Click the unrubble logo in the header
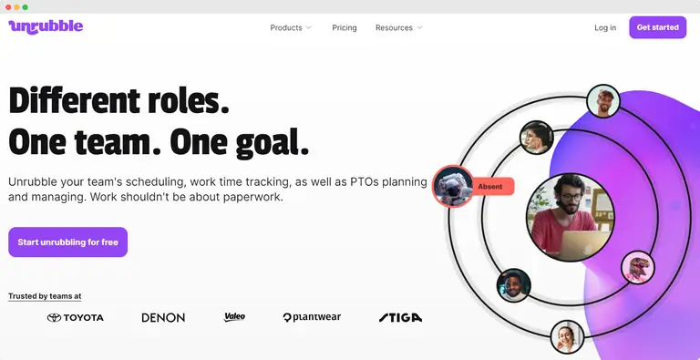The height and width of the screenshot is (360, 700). point(46,26)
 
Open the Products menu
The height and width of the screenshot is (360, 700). point(291,27)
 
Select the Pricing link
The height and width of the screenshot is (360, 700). point(345,27)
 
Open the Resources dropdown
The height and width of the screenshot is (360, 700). point(398,27)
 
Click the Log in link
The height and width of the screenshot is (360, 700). point(605,27)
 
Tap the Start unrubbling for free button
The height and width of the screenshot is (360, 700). point(67,242)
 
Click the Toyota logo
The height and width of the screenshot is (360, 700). point(76,317)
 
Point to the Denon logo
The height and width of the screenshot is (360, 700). point(163,317)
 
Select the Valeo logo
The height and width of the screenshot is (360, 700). point(234,316)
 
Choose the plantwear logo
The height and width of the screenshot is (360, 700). point(312,317)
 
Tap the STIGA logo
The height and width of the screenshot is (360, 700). point(400,317)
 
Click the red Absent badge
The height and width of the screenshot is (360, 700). point(490,186)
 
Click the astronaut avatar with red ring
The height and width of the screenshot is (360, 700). point(452,186)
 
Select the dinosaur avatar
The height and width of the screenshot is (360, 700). point(638,267)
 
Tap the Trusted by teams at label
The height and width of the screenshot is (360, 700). point(45,296)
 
